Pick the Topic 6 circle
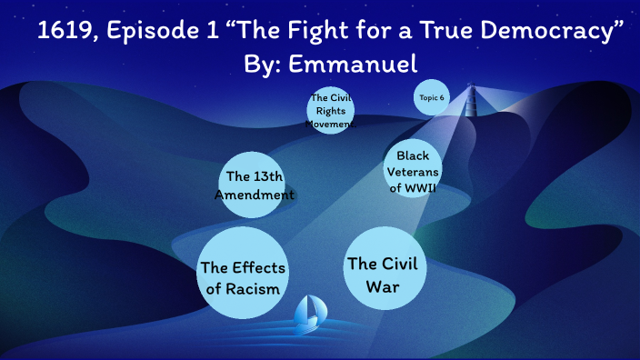(433, 97)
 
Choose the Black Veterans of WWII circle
(412, 168)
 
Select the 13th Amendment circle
(255, 185)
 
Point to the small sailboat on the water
(309, 315)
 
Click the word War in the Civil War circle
(382, 286)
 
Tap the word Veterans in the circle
(412, 171)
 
